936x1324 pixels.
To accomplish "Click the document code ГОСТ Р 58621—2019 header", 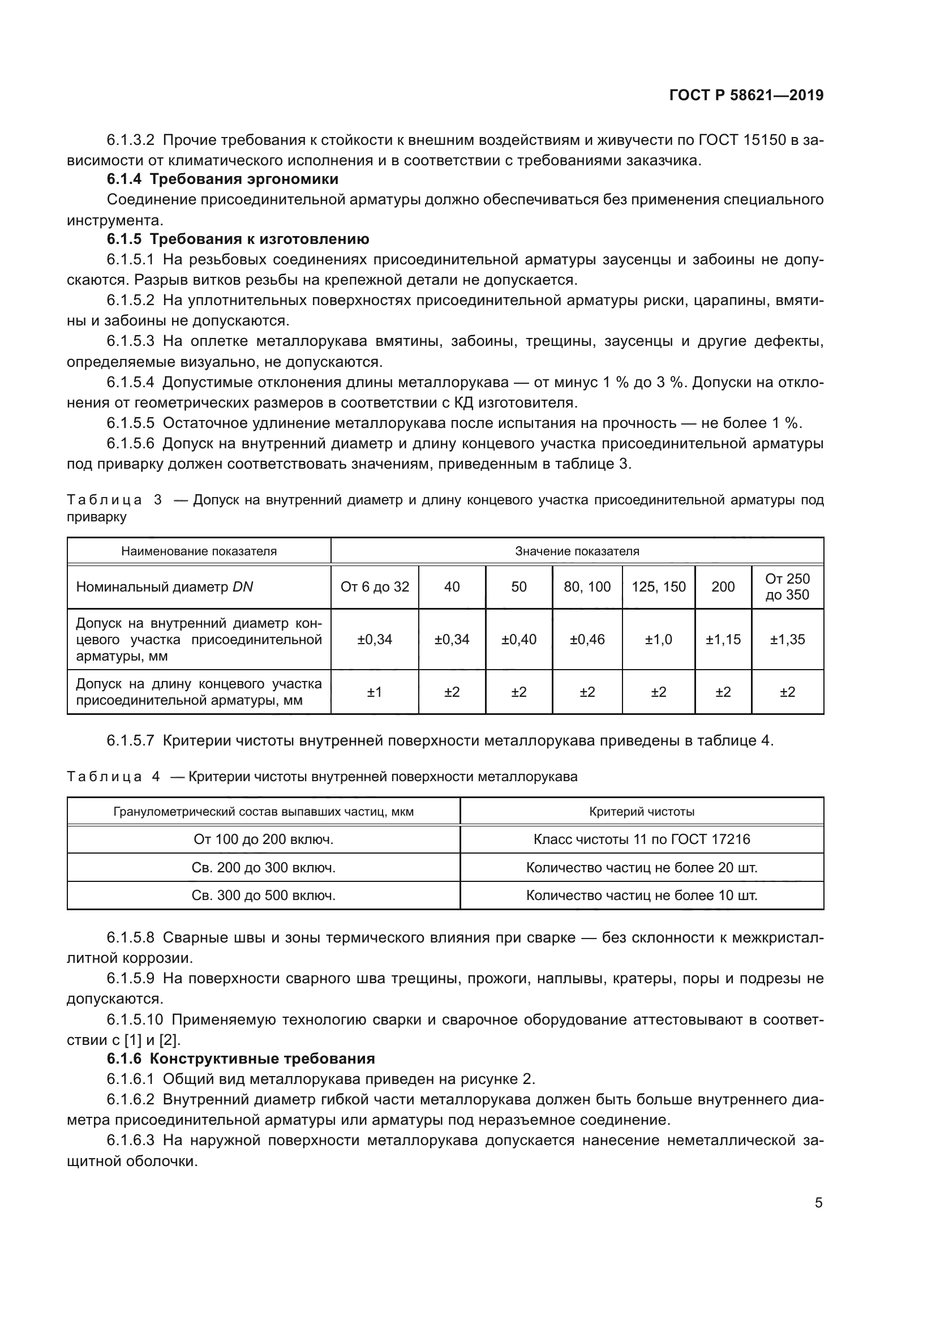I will pos(746,95).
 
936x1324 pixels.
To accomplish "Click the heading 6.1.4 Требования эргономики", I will pos(222,179).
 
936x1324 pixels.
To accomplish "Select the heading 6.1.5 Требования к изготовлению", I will pos(238,239).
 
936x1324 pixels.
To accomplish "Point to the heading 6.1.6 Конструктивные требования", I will pos(241,1058).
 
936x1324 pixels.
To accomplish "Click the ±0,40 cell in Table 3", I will pos(519,639).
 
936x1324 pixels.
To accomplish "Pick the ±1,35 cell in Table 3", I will pos(787,639).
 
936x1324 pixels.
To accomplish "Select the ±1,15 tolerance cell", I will pos(723,639).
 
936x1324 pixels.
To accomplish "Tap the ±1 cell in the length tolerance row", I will pos(375,691).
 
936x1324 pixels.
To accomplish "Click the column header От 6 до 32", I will pos(375,586).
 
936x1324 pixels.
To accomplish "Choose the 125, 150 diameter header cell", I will pos(658,586).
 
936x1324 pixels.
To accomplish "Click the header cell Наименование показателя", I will pos(199,551).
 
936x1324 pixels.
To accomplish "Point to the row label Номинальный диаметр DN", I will pos(165,587).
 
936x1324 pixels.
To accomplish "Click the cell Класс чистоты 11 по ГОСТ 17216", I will pos(642,838).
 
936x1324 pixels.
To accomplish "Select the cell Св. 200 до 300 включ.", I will pos(263,867).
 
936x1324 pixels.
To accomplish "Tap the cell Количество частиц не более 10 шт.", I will pos(642,895).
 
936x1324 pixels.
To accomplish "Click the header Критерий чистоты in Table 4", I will pos(642,811).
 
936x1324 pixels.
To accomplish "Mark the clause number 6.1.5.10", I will pos(135,1019).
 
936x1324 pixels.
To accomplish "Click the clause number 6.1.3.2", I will pos(130,140).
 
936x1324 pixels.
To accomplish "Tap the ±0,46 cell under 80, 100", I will pos(587,639).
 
